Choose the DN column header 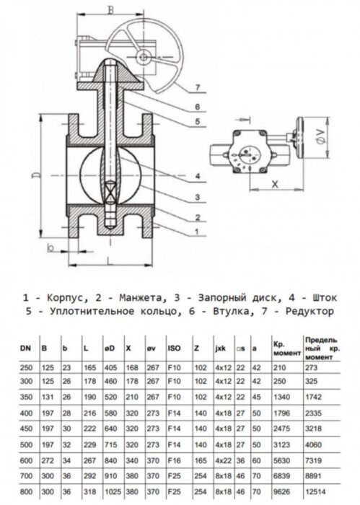coord(24,348)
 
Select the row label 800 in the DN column coord(24,491)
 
